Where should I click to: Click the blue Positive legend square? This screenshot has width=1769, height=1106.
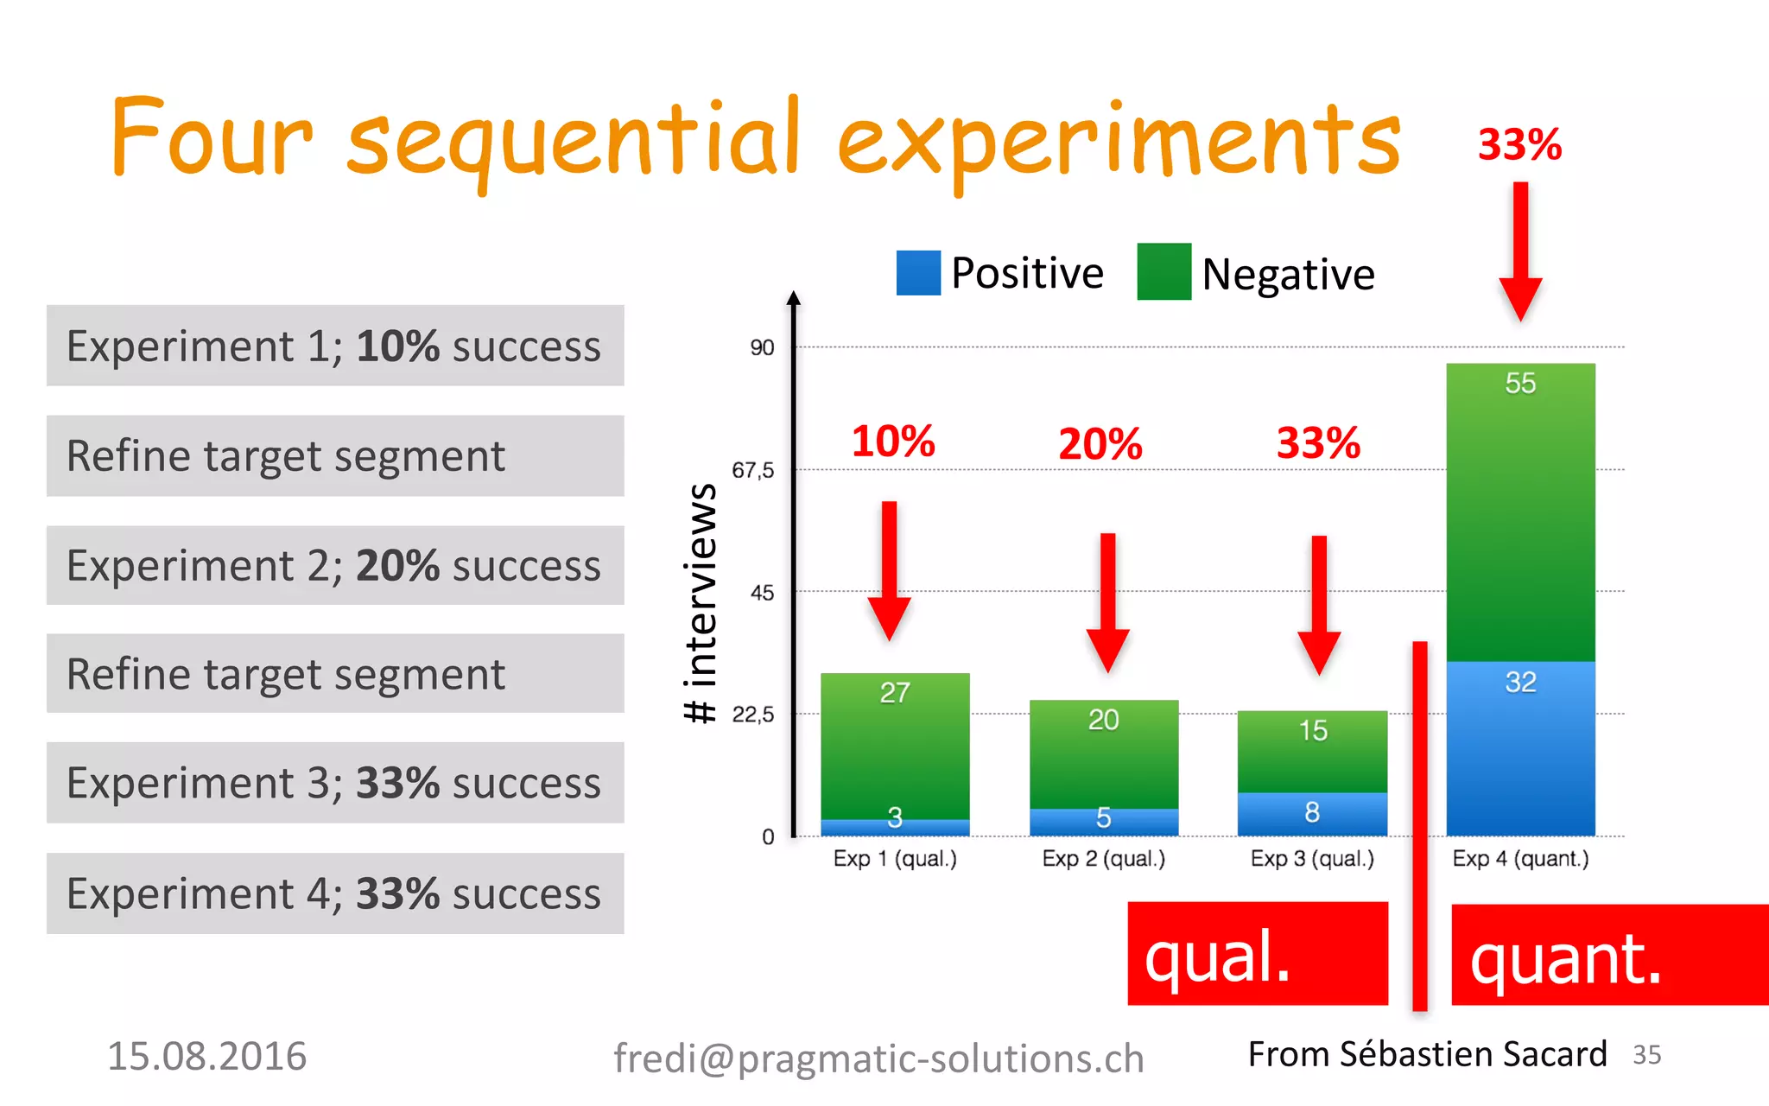pyautogui.click(x=918, y=273)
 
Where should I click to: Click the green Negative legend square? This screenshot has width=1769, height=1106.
pyautogui.click(x=1163, y=272)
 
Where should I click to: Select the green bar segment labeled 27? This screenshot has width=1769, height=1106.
pyautogui.click(x=895, y=745)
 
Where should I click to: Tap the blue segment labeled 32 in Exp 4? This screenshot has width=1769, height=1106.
pyautogui.click(x=1520, y=748)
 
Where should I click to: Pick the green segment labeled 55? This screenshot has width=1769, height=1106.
pyautogui.click(x=1520, y=512)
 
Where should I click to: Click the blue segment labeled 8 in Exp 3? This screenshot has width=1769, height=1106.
pyautogui.click(x=1311, y=813)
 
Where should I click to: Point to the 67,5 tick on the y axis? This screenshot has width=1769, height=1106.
pyautogui.click(x=752, y=471)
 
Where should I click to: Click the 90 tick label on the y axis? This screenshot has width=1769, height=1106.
pyautogui.click(x=761, y=348)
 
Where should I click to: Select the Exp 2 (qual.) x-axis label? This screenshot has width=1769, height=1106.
pyautogui.click(x=1103, y=859)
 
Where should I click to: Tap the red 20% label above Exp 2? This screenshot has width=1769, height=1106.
pyautogui.click(x=1100, y=444)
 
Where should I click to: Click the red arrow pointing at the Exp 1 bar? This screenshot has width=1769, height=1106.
pyautogui.click(x=890, y=570)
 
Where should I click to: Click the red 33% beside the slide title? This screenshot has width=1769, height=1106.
pyautogui.click(x=1519, y=144)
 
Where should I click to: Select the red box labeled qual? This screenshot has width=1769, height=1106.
pyautogui.click(x=1257, y=954)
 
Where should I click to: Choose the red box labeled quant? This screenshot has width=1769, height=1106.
pyautogui.click(x=1608, y=956)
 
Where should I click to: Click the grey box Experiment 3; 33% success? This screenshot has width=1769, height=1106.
pyautogui.click(x=335, y=783)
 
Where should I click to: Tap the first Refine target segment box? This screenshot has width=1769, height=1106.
pyautogui.click(x=335, y=456)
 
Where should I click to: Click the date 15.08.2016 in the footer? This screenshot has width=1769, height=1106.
pyautogui.click(x=206, y=1056)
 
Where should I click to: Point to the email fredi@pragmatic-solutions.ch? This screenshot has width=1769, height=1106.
pyautogui.click(x=878, y=1058)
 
